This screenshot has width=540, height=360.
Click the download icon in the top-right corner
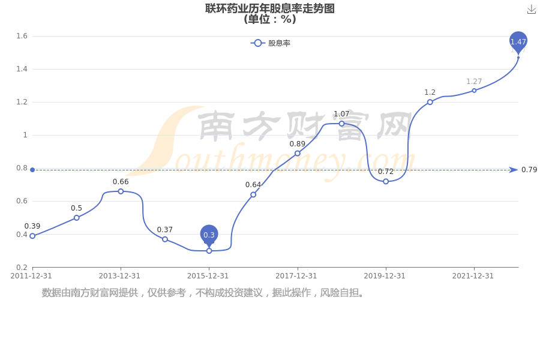(532, 10)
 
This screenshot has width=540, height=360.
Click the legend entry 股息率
(271, 43)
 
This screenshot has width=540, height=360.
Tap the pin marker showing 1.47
(518, 42)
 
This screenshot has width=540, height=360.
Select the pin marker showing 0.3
(209, 235)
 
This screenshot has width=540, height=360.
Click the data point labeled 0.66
(121, 191)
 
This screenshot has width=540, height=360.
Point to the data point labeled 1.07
(341, 124)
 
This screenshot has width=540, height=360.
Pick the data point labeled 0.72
(386, 181)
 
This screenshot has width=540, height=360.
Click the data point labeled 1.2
(430, 102)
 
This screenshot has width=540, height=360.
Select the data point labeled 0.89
(298, 154)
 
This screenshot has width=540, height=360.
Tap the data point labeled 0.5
(77, 218)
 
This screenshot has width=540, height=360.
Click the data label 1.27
(474, 82)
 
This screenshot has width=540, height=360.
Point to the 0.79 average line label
(529, 169)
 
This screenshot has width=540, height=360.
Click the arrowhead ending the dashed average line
(514, 170)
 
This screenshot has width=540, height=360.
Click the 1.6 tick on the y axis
(22, 36)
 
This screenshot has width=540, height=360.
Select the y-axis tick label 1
(25, 135)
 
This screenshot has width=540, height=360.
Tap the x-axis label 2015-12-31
(208, 276)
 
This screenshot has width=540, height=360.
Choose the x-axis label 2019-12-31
(385, 276)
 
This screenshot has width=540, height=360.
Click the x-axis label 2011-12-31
(31, 276)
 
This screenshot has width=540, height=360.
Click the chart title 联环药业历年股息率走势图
(270, 8)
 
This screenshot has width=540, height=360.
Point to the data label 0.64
(253, 185)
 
